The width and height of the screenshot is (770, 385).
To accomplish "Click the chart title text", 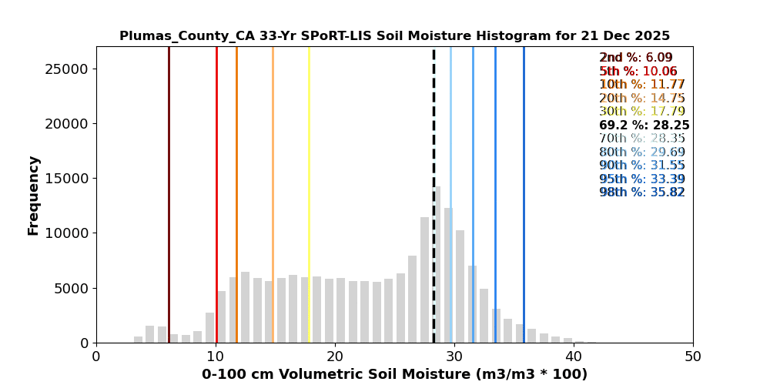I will pos(394,36).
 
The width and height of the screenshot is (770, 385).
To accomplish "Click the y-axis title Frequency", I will pos(33,195).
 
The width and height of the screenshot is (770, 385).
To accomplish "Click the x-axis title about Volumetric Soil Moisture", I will pos(394,374).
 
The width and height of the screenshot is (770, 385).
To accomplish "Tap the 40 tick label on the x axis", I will pos(574,357).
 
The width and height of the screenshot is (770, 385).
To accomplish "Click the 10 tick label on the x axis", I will pos(216,357).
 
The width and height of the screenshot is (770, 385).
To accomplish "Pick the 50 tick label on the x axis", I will pos(693,357).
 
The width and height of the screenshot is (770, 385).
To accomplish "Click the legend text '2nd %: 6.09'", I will pos(636,58).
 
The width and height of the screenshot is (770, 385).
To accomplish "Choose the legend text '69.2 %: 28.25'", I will pos(644,126).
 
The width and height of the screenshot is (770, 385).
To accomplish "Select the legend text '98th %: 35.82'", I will pos(642,192).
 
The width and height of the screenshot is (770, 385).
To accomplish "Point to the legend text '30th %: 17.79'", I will pos(642,112).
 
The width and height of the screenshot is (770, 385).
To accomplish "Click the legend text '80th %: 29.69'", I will pos(642,152).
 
